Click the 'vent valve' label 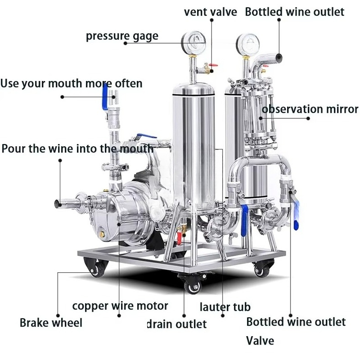click(210, 12)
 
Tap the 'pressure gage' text click(122, 36)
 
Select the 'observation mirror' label click(310, 109)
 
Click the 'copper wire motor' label click(120, 306)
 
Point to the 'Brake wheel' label click(51, 323)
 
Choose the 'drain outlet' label click(177, 324)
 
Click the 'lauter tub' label click(225, 307)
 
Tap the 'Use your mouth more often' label click(71, 83)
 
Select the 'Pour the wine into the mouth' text click(77, 148)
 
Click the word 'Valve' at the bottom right click(260, 341)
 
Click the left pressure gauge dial click(193, 43)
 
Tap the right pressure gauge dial click(248, 44)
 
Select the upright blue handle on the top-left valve click(105, 97)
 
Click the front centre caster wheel click(193, 287)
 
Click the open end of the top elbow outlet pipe click(279, 57)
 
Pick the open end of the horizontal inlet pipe click(57, 204)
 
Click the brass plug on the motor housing click(102, 234)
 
